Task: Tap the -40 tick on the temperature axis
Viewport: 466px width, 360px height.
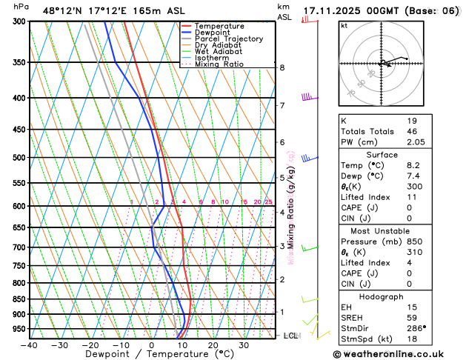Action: click(x=30, y=344)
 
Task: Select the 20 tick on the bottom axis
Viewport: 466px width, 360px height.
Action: click(x=213, y=344)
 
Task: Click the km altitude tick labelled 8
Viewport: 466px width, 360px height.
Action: click(x=282, y=68)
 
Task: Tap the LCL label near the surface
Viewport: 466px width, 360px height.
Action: click(x=290, y=336)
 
